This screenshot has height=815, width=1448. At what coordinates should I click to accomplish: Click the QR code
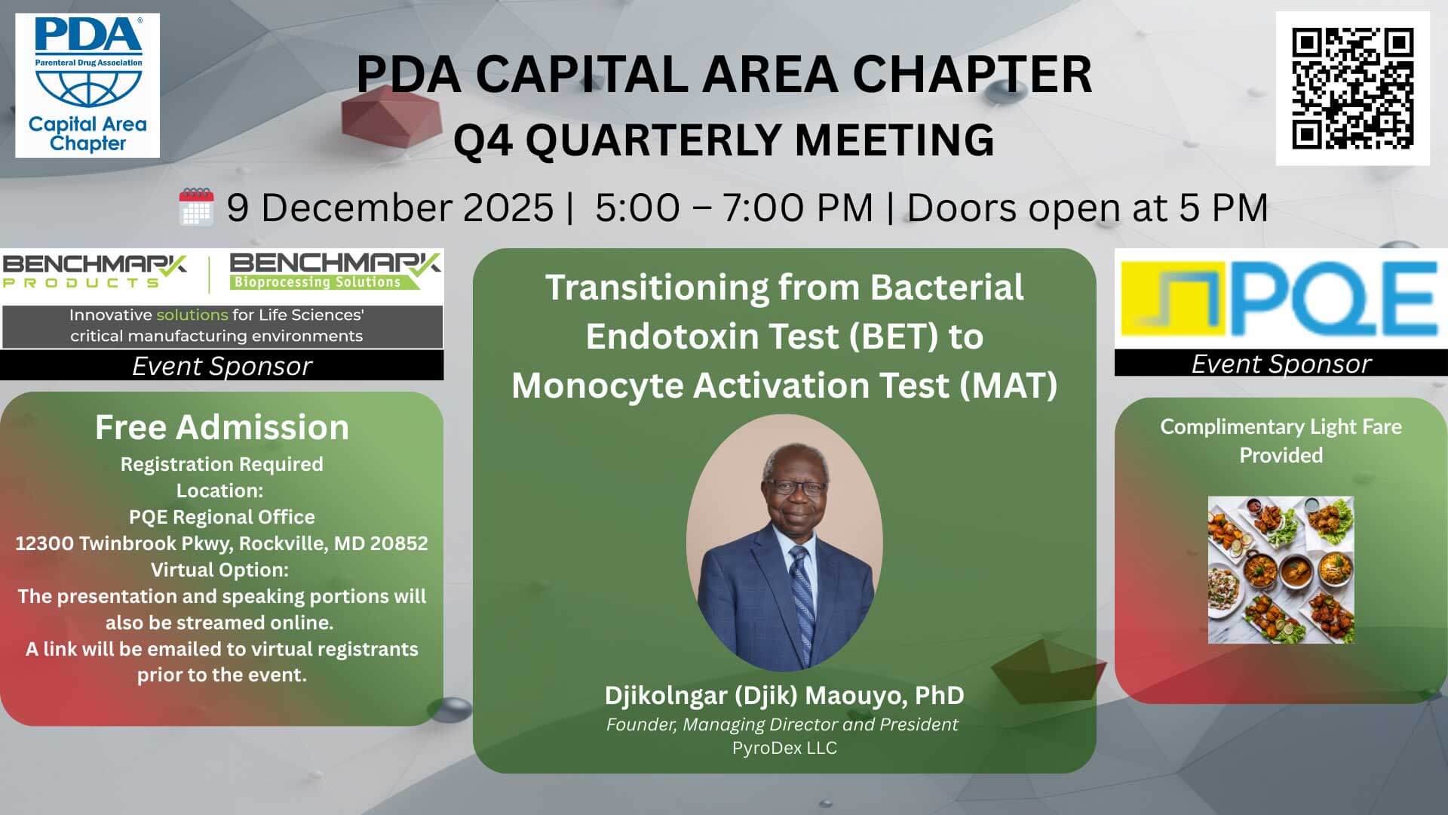[x=1352, y=88]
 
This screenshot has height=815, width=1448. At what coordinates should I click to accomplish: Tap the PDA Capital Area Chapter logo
[x=87, y=85]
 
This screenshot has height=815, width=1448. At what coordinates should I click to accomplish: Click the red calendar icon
[x=196, y=207]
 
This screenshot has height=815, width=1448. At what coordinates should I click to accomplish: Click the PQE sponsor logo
[x=1281, y=299]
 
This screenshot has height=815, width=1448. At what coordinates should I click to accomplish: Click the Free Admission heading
[x=222, y=427]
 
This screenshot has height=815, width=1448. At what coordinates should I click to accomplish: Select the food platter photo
[x=1281, y=570]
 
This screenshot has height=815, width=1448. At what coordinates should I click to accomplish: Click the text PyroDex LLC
[x=784, y=748]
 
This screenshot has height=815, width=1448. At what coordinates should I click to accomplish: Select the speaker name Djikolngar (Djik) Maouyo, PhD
[x=784, y=695]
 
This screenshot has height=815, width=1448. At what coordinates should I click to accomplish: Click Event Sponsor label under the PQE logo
[x=1281, y=364]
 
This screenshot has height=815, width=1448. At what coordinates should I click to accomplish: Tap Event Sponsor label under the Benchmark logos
[x=222, y=366]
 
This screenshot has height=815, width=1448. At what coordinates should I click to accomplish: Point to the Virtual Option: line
[x=219, y=570]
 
